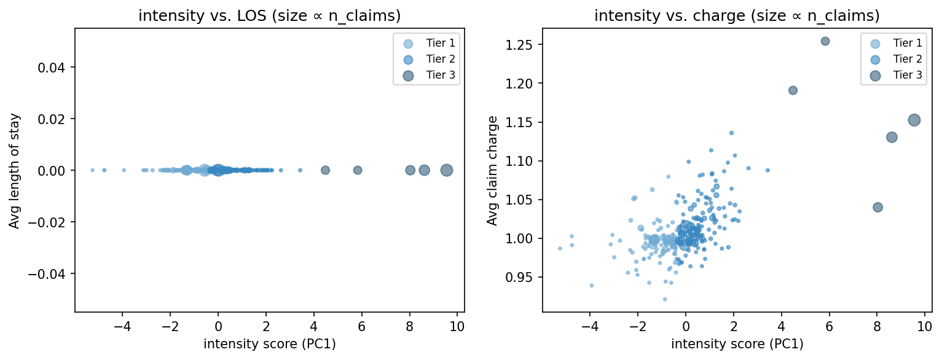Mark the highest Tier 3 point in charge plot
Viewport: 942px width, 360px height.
(x=825, y=41)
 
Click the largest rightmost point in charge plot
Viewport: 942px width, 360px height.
(x=914, y=120)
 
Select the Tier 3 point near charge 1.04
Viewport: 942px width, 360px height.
(x=877, y=208)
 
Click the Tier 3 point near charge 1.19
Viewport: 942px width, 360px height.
(x=793, y=90)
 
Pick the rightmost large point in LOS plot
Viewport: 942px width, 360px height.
(x=447, y=170)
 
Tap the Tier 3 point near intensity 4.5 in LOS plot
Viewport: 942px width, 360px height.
(x=326, y=170)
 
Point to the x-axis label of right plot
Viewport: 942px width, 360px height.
(x=737, y=343)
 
